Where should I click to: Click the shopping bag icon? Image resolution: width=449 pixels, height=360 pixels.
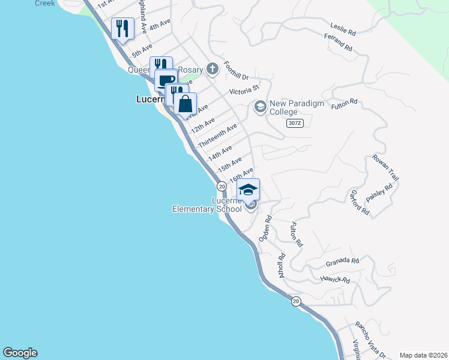click(x=185, y=103)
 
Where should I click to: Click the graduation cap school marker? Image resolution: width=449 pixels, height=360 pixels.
click(x=248, y=191)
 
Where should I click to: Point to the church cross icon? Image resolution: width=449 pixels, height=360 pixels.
click(x=212, y=69)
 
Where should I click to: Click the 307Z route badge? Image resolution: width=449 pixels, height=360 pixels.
click(x=294, y=123)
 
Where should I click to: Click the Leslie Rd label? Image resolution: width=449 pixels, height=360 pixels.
click(x=343, y=26)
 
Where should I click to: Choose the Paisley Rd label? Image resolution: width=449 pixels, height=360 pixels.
click(x=379, y=193)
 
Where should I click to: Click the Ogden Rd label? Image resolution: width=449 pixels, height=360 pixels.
click(x=267, y=229)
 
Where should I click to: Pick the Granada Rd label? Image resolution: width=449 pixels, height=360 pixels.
click(x=342, y=262)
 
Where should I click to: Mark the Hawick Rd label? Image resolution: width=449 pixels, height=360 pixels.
click(x=335, y=280)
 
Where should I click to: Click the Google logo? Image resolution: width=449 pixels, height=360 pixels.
click(x=20, y=353)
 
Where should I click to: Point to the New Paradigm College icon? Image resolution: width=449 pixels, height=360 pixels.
click(x=260, y=107)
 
